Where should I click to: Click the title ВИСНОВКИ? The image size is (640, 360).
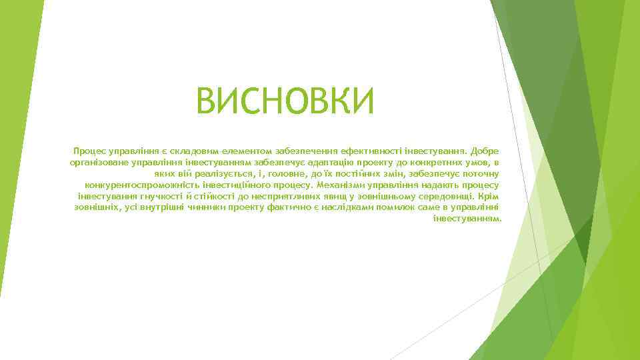(286, 102)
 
